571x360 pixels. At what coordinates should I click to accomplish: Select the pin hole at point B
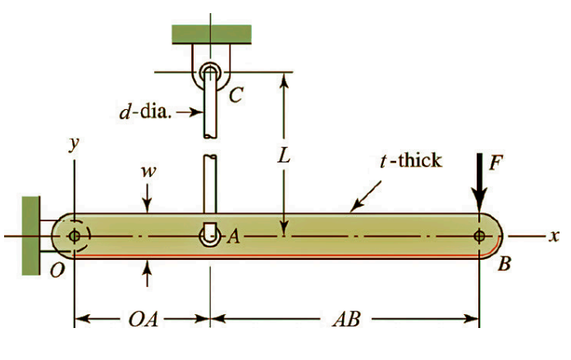[x=480, y=236]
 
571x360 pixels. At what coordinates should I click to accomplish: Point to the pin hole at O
[x=75, y=236]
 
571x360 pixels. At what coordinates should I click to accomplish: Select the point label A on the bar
[x=234, y=237]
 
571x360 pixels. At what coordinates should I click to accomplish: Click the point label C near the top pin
[x=235, y=97]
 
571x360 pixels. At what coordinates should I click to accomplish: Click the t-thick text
[x=410, y=160]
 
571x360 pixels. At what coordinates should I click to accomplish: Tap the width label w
[x=148, y=172]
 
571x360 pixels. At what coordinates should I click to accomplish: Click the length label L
[x=283, y=156]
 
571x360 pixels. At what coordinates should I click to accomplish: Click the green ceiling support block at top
[x=211, y=33]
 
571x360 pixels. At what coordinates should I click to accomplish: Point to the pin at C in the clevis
[x=211, y=71]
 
